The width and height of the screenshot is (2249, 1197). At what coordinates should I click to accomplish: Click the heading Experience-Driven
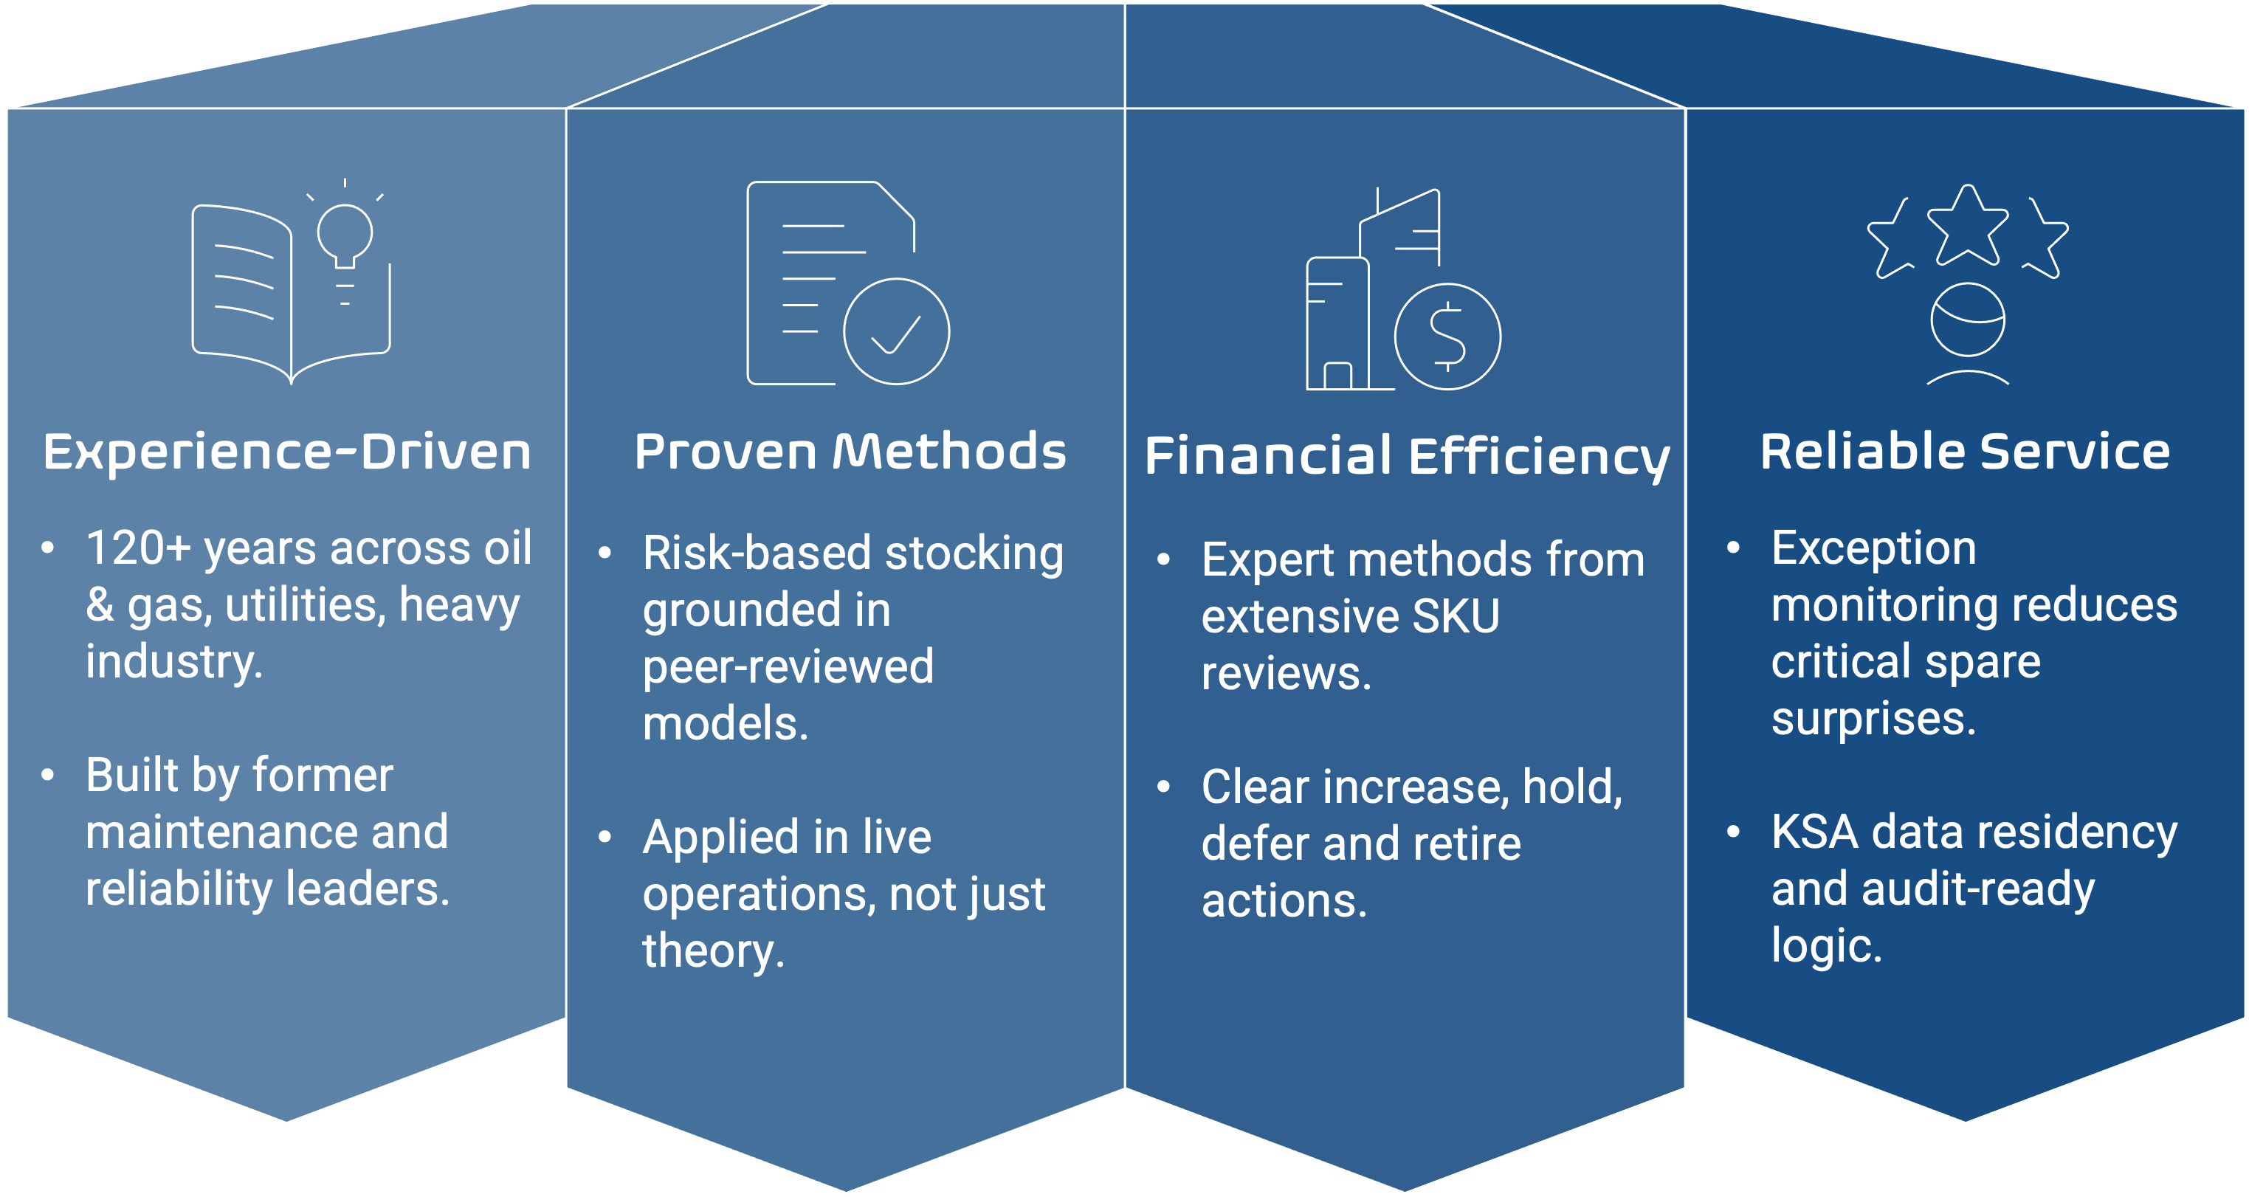(287, 452)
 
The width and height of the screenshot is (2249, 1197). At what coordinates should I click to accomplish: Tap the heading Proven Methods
(850, 452)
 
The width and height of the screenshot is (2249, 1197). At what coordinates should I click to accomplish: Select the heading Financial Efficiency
(1407, 457)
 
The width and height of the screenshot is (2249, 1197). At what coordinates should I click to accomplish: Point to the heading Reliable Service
(1964, 452)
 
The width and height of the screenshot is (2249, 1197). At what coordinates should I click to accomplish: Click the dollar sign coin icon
(1447, 336)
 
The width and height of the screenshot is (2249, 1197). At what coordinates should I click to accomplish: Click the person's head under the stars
(1967, 320)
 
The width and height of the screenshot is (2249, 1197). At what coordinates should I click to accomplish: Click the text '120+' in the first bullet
(138, 548)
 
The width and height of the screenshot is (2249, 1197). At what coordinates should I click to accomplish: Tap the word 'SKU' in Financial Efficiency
(1456, 616)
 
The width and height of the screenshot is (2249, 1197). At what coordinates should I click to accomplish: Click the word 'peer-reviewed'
(788, 667)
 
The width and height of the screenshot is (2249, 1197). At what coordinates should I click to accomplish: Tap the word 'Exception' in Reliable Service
(1873, 548)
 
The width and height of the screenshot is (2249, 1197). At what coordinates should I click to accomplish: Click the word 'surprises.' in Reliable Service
(1873, 719)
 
